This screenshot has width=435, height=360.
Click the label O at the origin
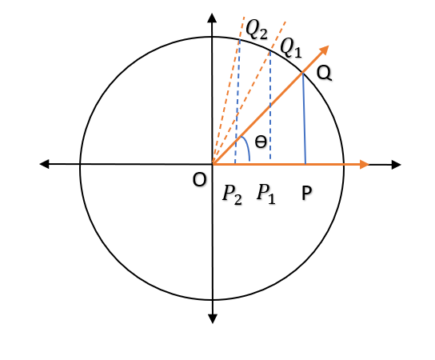(199, 181)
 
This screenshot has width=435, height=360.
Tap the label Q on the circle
(324, 73)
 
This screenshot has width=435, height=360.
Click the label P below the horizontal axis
(306, 194)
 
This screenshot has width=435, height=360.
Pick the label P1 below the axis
(265, 194)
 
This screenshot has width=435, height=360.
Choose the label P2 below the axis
(233, 194)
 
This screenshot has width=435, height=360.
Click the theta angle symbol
(261, 143)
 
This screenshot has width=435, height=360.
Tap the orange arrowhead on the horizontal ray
(364, 165)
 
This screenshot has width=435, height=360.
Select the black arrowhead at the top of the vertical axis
(213, 18)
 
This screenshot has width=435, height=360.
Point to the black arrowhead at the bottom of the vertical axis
(213, 317)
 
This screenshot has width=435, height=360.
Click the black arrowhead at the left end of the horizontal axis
(45, 165)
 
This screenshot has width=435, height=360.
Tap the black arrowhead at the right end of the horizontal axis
(395, 165)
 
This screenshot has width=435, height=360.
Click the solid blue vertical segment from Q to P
(305, 120)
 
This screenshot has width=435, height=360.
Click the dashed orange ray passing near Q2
(228, 88)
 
